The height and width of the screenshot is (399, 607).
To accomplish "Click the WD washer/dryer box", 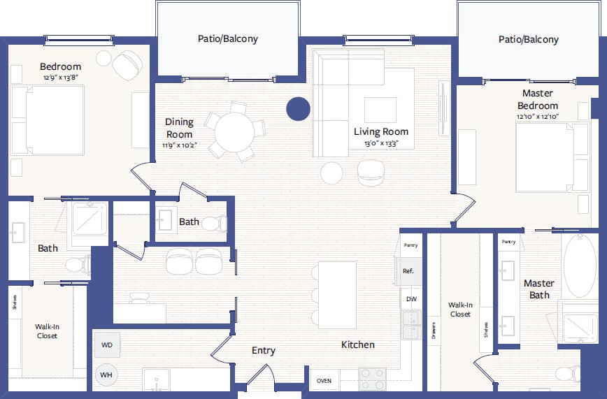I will pos(107,344).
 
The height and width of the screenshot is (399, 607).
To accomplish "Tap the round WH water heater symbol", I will pos(107,375).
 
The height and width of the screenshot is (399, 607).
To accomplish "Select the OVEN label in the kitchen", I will pos(324,381).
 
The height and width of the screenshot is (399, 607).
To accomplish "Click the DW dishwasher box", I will pos(411,299).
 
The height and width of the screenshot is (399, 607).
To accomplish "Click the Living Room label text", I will pos(380,131).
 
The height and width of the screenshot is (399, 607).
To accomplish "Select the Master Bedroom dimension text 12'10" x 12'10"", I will pos(537,117).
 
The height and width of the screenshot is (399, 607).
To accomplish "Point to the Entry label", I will pos(264,351).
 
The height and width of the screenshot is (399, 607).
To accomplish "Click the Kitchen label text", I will pos(357,344).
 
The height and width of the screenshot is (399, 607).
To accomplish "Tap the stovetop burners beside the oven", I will pos(372,379).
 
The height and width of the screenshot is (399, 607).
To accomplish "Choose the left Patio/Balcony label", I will pos(227,38).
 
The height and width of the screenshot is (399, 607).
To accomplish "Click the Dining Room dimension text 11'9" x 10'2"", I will pos(180,145).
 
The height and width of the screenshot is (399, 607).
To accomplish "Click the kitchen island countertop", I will pos(337,295).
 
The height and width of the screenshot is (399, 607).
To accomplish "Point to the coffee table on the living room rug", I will pos(380,109).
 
